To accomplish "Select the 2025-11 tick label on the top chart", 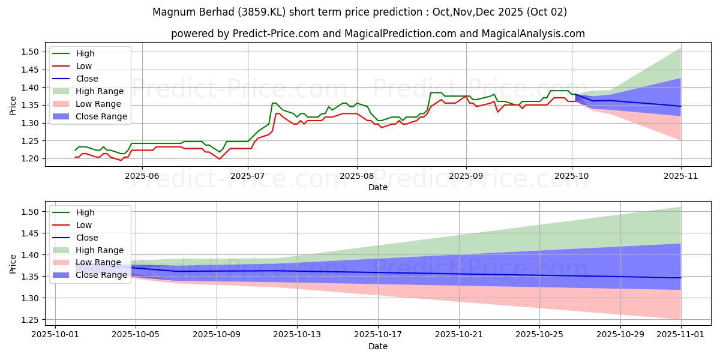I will [x=680, y=176].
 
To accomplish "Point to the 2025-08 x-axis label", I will [x=357, y=176].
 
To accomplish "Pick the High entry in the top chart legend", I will [x=85, y=53].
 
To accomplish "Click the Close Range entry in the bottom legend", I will [x=101, y=275].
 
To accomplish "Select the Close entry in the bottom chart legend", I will [x=87, y=238].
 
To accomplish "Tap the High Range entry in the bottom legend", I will [x=100, y=250].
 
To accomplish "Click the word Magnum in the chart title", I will [x=172, y=12].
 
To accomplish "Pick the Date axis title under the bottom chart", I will [x=378, y=347].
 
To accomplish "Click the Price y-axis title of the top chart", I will [x=13, y=105].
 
